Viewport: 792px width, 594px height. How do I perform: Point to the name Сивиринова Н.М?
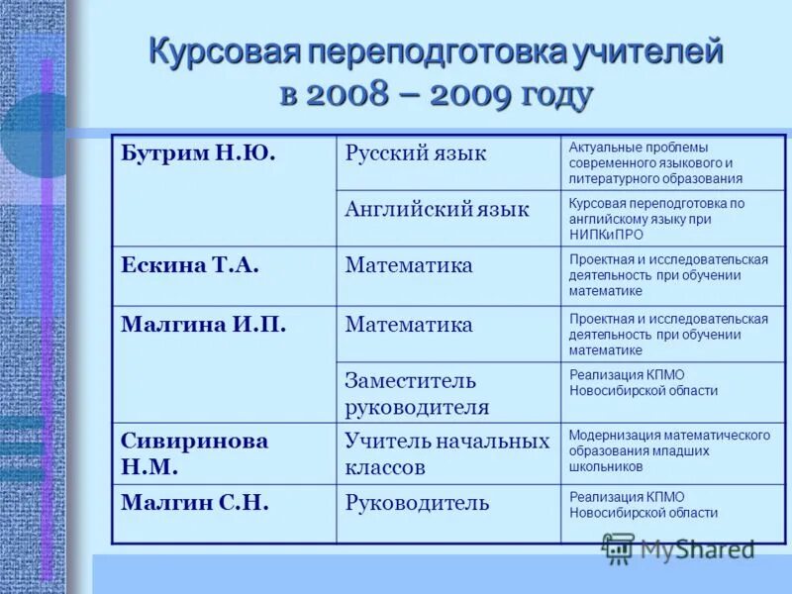pos(194,453)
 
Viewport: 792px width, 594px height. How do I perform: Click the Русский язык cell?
pos(416,154)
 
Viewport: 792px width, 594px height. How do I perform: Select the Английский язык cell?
pos(437,210)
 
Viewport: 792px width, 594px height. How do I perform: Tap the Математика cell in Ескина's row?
pos(409,265)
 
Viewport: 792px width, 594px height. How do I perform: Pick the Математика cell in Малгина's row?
pos(409,325)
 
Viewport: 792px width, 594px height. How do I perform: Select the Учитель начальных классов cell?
pos(446,453)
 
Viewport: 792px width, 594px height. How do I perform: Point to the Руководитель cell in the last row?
pos(417,503)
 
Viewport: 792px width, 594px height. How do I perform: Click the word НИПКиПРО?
pos(606,235)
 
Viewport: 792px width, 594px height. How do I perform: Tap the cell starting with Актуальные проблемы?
pos(653,163)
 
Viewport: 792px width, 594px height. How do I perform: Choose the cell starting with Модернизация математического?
pos(669,450)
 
